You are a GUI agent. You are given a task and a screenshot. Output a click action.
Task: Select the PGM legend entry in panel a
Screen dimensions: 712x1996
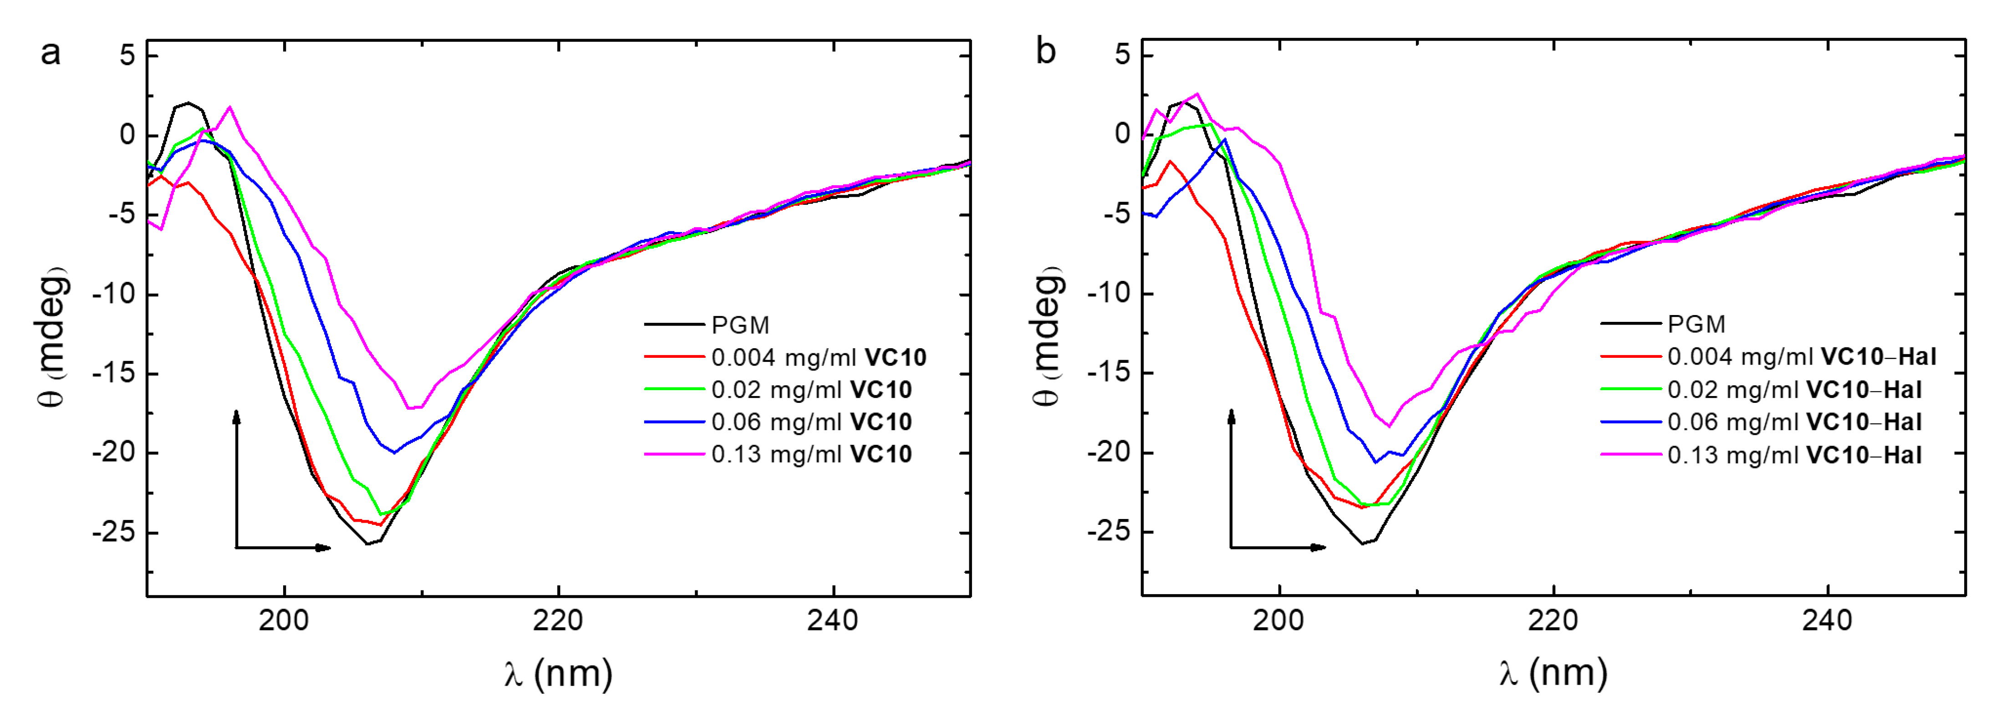click(740, 325)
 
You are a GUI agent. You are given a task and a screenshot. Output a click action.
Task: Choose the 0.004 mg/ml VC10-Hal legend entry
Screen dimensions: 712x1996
click(1802, 357)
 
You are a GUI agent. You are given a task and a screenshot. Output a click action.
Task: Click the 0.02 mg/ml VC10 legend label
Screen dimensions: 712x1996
click(811, 390)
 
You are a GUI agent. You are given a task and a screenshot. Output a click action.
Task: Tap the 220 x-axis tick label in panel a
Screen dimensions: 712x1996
click(558, 620)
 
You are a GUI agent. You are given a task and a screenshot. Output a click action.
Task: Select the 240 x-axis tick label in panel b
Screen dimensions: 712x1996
click(1827, 620)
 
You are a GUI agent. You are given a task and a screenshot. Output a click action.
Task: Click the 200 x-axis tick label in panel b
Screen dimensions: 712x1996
click(1278, 620)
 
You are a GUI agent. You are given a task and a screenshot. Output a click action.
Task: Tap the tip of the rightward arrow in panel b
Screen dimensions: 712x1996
click(1325, 548)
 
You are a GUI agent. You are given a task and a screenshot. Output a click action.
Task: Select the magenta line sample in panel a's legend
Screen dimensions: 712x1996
click(674, 454)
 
